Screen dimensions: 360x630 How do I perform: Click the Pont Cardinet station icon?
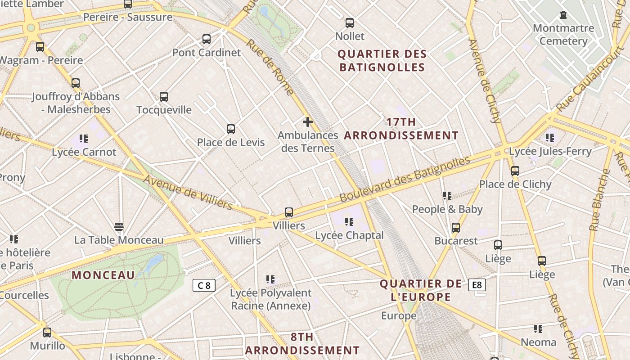click(x=207, y=39)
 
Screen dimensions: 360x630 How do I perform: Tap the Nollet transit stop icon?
click(x=350, y=23)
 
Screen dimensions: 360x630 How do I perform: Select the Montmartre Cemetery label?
click(x=563, y=35)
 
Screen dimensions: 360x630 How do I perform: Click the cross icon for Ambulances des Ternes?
click(x=308, y=122)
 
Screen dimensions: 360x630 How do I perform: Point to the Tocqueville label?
click(x=164, y=110)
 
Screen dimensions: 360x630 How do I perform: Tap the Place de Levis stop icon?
click(x=231, y=129)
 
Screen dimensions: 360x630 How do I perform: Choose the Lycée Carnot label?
click(x=84, y=152)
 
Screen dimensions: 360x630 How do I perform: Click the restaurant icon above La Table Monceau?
click(x=119, y=226)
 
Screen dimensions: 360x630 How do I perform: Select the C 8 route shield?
click(x=204, y=285)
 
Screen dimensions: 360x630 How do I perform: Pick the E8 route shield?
click(x=477, y=285)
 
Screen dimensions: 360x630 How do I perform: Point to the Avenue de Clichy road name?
click(x=484, y=81)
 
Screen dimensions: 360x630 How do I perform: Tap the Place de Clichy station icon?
click(x=515, y=171)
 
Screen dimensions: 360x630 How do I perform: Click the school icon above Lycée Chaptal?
click(x=349, y=222)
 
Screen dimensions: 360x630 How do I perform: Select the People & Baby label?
click(x=447, y=209)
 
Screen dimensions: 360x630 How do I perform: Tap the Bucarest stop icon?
click(x=456, y=228)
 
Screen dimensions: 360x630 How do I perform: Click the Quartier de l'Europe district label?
click(x=421, y=290)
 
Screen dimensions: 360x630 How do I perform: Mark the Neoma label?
click(x=538, y=342)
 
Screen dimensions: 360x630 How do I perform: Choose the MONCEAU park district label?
click(x=103, y=275)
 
